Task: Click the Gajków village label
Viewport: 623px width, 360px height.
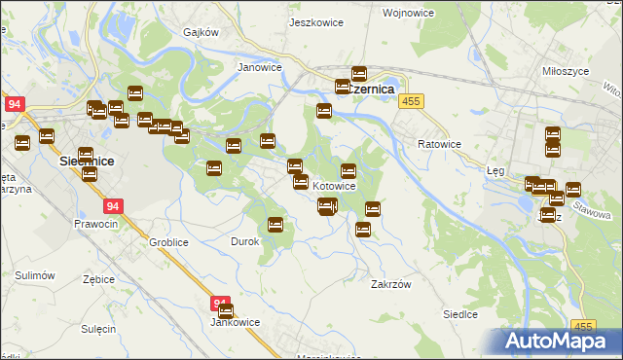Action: [202, 32]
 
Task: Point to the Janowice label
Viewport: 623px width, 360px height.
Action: [260, 68]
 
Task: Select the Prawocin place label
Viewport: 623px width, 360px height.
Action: [95, 224]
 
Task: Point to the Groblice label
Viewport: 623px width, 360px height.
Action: [167, 241]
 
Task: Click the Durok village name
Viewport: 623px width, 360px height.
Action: [243, 241]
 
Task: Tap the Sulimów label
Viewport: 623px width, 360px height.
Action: [34, 276]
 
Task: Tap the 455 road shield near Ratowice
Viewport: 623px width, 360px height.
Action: [412, 101]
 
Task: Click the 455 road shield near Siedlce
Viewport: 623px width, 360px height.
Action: [583, 327]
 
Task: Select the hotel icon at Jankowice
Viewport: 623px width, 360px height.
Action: [226, 311]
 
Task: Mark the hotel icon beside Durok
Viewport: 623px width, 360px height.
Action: [275, 225]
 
